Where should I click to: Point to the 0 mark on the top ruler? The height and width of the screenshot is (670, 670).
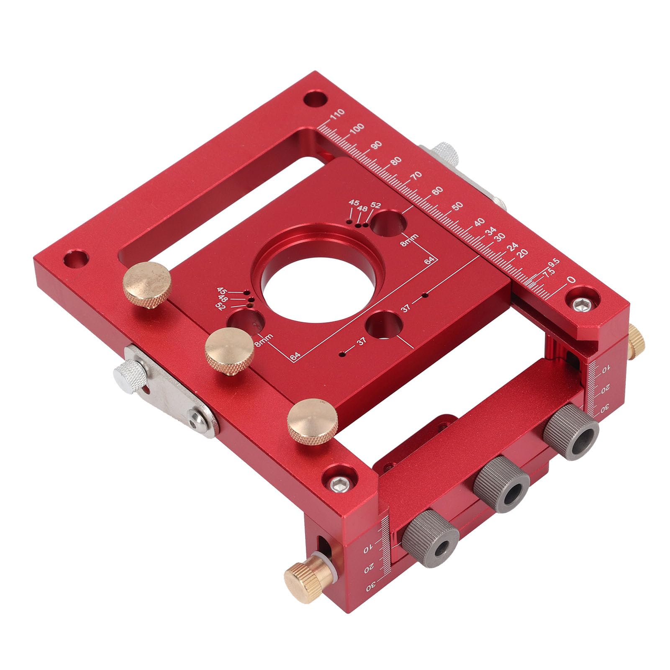point(571,280)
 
